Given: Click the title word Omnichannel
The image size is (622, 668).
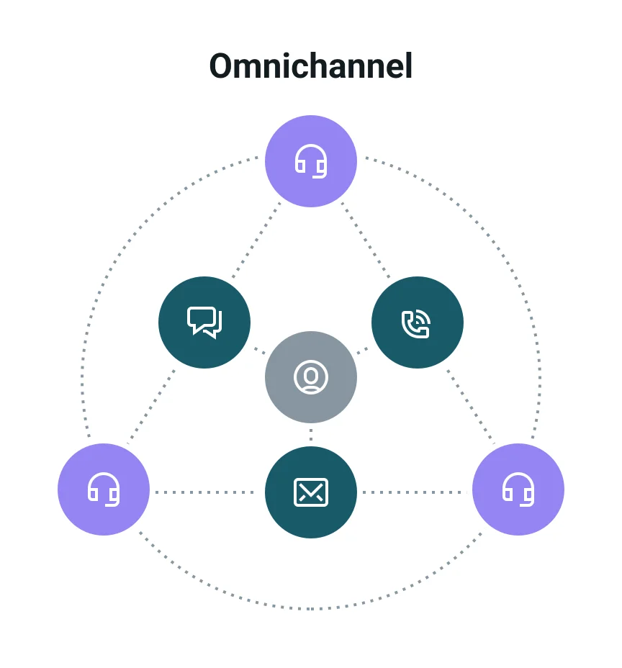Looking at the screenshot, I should coord(311,67).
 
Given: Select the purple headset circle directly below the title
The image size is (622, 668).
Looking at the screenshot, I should coord(311,161).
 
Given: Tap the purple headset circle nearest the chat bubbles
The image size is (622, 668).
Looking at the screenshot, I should coord(104,489).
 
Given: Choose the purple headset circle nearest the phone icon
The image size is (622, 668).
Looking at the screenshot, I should coord(518,489).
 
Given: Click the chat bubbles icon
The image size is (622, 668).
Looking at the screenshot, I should coord(204,322).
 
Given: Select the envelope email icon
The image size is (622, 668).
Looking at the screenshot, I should coord(311,492).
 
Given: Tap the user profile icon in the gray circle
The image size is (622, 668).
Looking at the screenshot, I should coord(311,377).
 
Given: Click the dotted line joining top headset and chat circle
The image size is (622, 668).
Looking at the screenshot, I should coord(256,241).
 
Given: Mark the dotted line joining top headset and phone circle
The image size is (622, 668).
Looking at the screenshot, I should coord(366,241).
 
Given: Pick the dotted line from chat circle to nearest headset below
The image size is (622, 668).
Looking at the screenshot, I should coord(152,407).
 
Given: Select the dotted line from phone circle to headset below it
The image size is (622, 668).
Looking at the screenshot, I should coord(470,407).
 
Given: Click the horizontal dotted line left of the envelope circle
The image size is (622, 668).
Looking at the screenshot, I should coord(205,492).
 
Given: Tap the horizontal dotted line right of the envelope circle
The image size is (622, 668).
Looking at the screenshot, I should coord(415,492).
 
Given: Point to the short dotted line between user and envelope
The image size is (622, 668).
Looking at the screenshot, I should coord(311,434).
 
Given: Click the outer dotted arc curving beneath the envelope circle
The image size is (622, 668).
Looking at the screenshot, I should coord(311,609).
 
